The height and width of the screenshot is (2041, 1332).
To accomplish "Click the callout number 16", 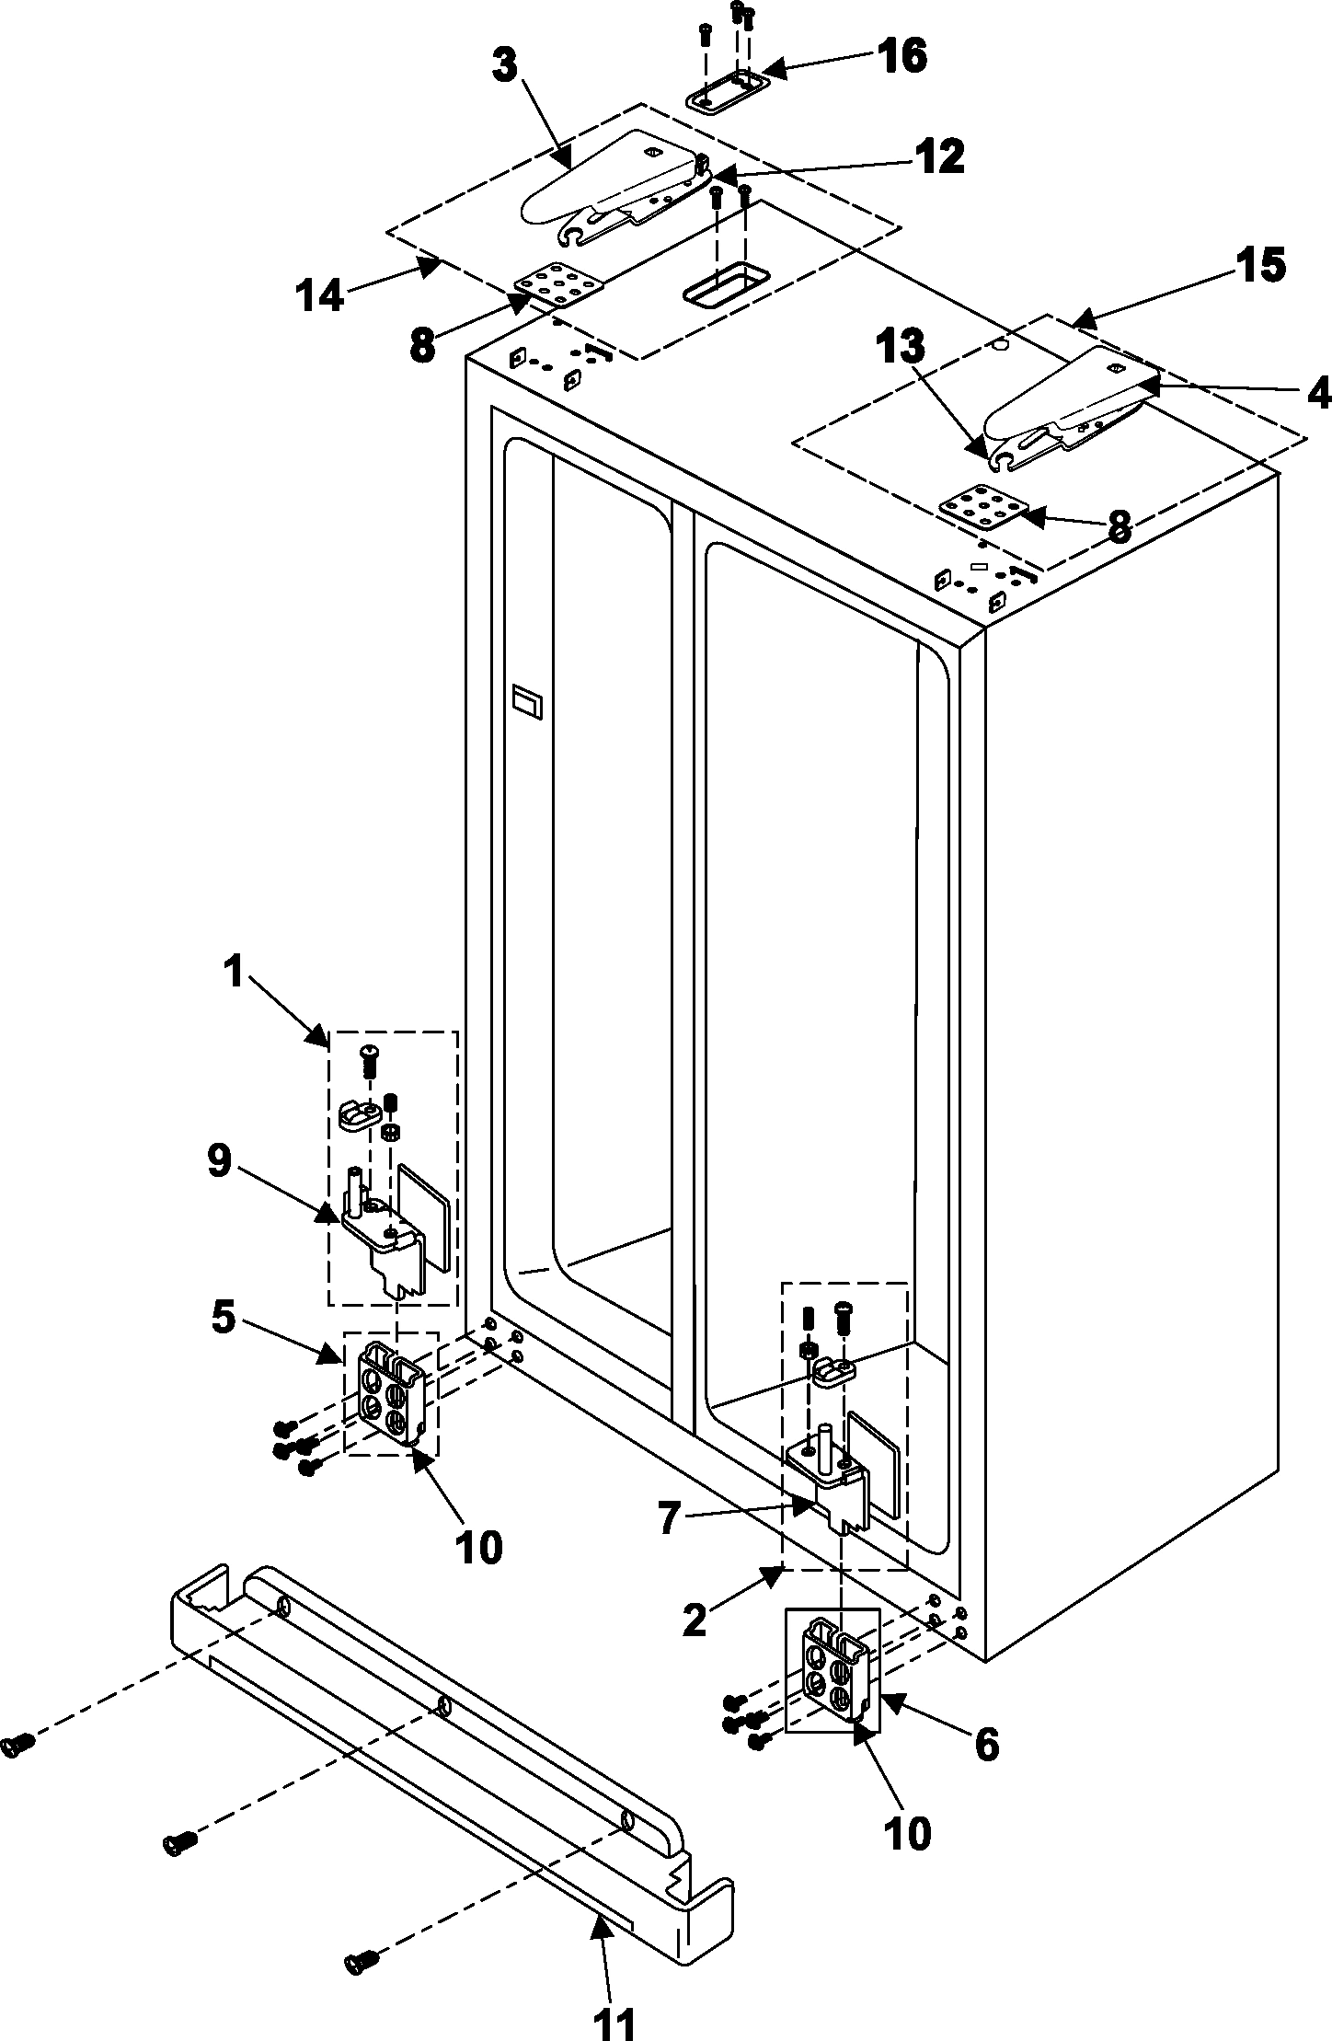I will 901,57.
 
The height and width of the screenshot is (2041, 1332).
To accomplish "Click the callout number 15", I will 1259,266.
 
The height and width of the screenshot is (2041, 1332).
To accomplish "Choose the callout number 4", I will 1317,394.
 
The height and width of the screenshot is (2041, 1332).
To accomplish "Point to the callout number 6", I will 987,1741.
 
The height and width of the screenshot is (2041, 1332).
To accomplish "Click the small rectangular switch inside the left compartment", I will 528,705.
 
